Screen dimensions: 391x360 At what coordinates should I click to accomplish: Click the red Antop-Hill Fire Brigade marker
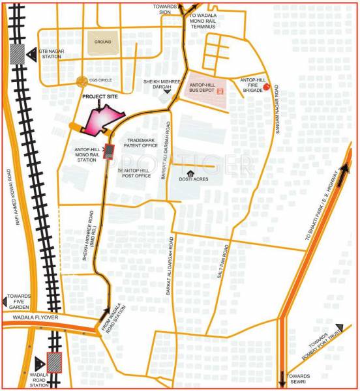tap(275, 88)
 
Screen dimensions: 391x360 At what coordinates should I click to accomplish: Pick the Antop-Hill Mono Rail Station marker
tap(109, 151)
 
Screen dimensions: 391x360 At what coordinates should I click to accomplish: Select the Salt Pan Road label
tap(222, 265)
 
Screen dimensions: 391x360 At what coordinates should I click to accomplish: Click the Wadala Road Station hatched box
tap(53, 362)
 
